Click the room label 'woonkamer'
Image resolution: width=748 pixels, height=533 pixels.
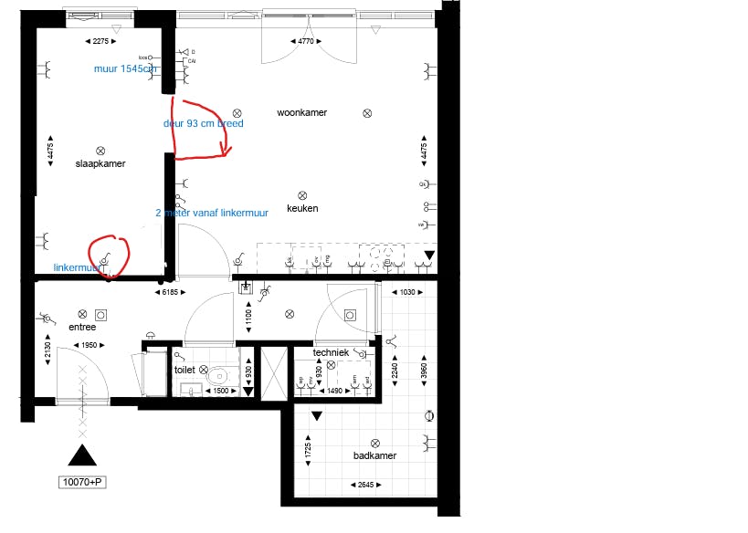(x=301, y=113)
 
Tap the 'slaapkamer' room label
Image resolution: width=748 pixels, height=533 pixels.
(x=100, y=164)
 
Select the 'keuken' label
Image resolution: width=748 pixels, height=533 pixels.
(x=302, y=208)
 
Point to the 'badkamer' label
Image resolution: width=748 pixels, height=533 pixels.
(x=374, y=456)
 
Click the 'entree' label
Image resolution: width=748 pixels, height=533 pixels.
(x=82, y=327)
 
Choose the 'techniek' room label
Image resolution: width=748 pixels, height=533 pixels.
(x=330, y=352)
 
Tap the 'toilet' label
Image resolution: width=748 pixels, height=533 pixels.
(x=185, y=371)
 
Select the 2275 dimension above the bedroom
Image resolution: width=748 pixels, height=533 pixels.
(x=100, y=41)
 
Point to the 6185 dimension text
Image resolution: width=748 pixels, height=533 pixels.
(x=165, y=292)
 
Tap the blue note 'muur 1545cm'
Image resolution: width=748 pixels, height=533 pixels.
(x=126, y=68)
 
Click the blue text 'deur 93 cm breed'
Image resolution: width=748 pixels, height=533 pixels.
(x=203, y=123)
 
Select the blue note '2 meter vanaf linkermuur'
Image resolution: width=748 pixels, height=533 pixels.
(x=212, y=213)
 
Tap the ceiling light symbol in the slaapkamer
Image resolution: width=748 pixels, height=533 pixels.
(x=100, y=151)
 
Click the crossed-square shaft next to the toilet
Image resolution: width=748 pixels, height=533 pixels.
(x=273, y=372)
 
